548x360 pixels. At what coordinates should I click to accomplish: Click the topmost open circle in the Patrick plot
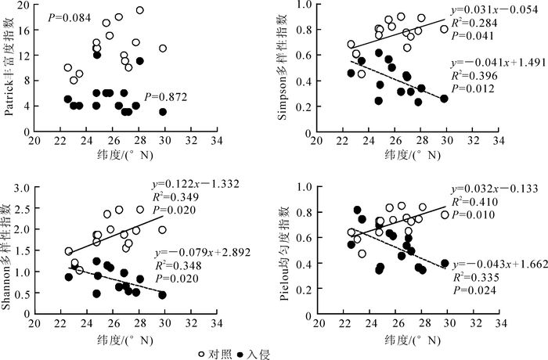coord(139,10)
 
